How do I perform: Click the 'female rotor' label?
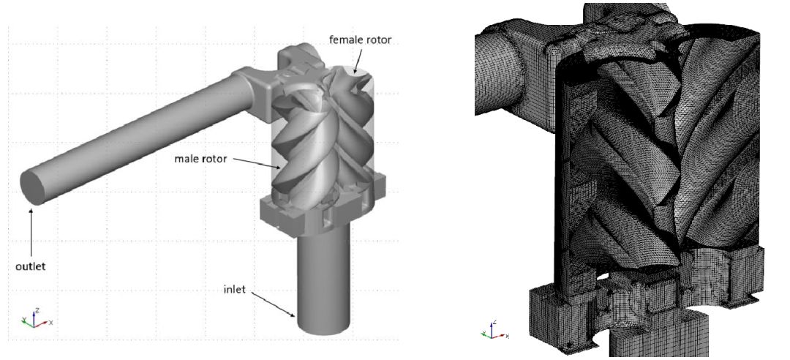360,40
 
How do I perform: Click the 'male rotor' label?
200,159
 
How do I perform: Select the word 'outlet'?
30,266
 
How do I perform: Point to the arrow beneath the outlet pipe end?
31,233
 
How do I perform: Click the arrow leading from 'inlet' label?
271,305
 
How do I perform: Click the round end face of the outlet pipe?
33,187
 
